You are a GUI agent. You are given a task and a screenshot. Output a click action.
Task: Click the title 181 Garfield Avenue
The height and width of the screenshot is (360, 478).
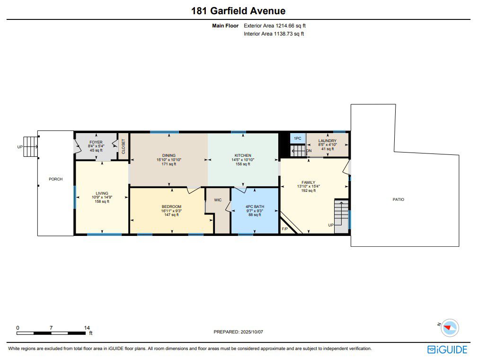coord(239,11)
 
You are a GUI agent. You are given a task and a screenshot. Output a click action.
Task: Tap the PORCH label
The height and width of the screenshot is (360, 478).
coord(56,179)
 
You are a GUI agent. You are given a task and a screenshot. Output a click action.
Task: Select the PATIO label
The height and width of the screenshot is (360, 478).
coord(398,199)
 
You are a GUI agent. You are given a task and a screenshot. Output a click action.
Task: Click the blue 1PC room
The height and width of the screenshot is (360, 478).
coord(298,138)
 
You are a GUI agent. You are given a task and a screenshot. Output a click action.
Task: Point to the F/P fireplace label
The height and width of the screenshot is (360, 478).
coord(285,229)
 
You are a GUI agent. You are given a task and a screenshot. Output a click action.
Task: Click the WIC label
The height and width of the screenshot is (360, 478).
coord(218,200)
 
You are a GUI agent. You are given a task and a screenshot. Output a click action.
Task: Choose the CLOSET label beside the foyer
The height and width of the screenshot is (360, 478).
coord(124,146)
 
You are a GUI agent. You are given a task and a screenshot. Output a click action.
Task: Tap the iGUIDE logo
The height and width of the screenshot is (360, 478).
coord(447,350)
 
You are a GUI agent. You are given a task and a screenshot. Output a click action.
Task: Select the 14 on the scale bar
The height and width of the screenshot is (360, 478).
coord(87,328)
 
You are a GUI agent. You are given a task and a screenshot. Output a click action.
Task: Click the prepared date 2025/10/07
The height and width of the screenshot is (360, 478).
coord(252,332)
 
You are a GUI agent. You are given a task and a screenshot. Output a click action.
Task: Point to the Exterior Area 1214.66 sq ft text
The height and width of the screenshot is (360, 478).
coord(274,26)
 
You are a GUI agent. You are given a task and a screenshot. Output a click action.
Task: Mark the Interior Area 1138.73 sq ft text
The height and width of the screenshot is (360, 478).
coord(274,34)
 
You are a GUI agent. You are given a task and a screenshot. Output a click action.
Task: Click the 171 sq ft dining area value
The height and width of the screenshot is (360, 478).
coord(169,164)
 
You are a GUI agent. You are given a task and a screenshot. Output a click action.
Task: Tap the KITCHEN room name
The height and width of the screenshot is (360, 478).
coord(243,155)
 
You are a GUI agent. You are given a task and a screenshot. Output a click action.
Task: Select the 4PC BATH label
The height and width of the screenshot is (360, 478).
coord(255,207)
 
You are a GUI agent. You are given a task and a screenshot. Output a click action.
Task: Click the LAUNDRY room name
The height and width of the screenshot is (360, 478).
coord(328,141)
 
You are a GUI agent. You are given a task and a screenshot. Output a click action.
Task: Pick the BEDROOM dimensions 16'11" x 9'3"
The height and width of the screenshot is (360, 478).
coord(171,211)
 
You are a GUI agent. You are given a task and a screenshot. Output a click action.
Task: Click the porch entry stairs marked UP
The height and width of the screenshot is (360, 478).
coord(30,146)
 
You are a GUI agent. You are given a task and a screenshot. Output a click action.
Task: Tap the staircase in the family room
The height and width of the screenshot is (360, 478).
coord(341,216)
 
